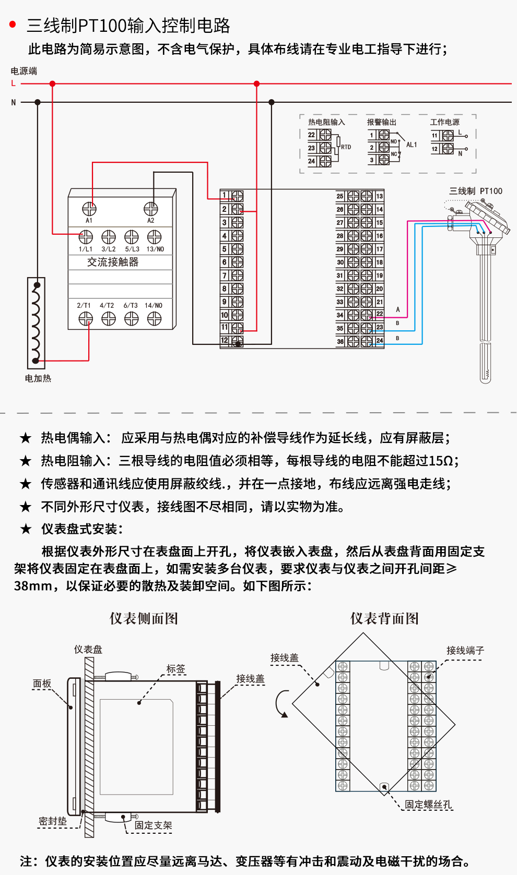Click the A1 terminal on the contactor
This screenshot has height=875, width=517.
(89, 209)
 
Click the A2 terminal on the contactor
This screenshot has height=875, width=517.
(151, 209)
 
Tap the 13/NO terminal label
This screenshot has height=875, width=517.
(155, 249)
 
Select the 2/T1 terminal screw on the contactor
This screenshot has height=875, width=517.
(86, 318)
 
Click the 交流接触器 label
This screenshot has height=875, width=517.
(113, 262)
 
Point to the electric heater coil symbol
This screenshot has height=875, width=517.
(36, 323)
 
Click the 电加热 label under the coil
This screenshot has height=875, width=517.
(38, 378)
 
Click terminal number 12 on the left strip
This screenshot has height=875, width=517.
(225, 341)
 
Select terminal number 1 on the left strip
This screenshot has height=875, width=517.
(225, 196)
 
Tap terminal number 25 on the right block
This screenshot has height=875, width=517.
(340, 196)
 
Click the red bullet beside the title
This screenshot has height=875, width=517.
(13, 25)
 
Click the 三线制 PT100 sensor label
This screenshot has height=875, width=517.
(476, 191)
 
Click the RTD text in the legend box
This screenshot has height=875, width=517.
(346, 147)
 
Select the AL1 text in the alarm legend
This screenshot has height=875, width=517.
(412, 145)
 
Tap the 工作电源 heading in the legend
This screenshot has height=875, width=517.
(445, 122)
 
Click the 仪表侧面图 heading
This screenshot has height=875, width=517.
(144, 619)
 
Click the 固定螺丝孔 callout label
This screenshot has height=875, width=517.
(428, 805)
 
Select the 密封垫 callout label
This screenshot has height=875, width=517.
(53, 821)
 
